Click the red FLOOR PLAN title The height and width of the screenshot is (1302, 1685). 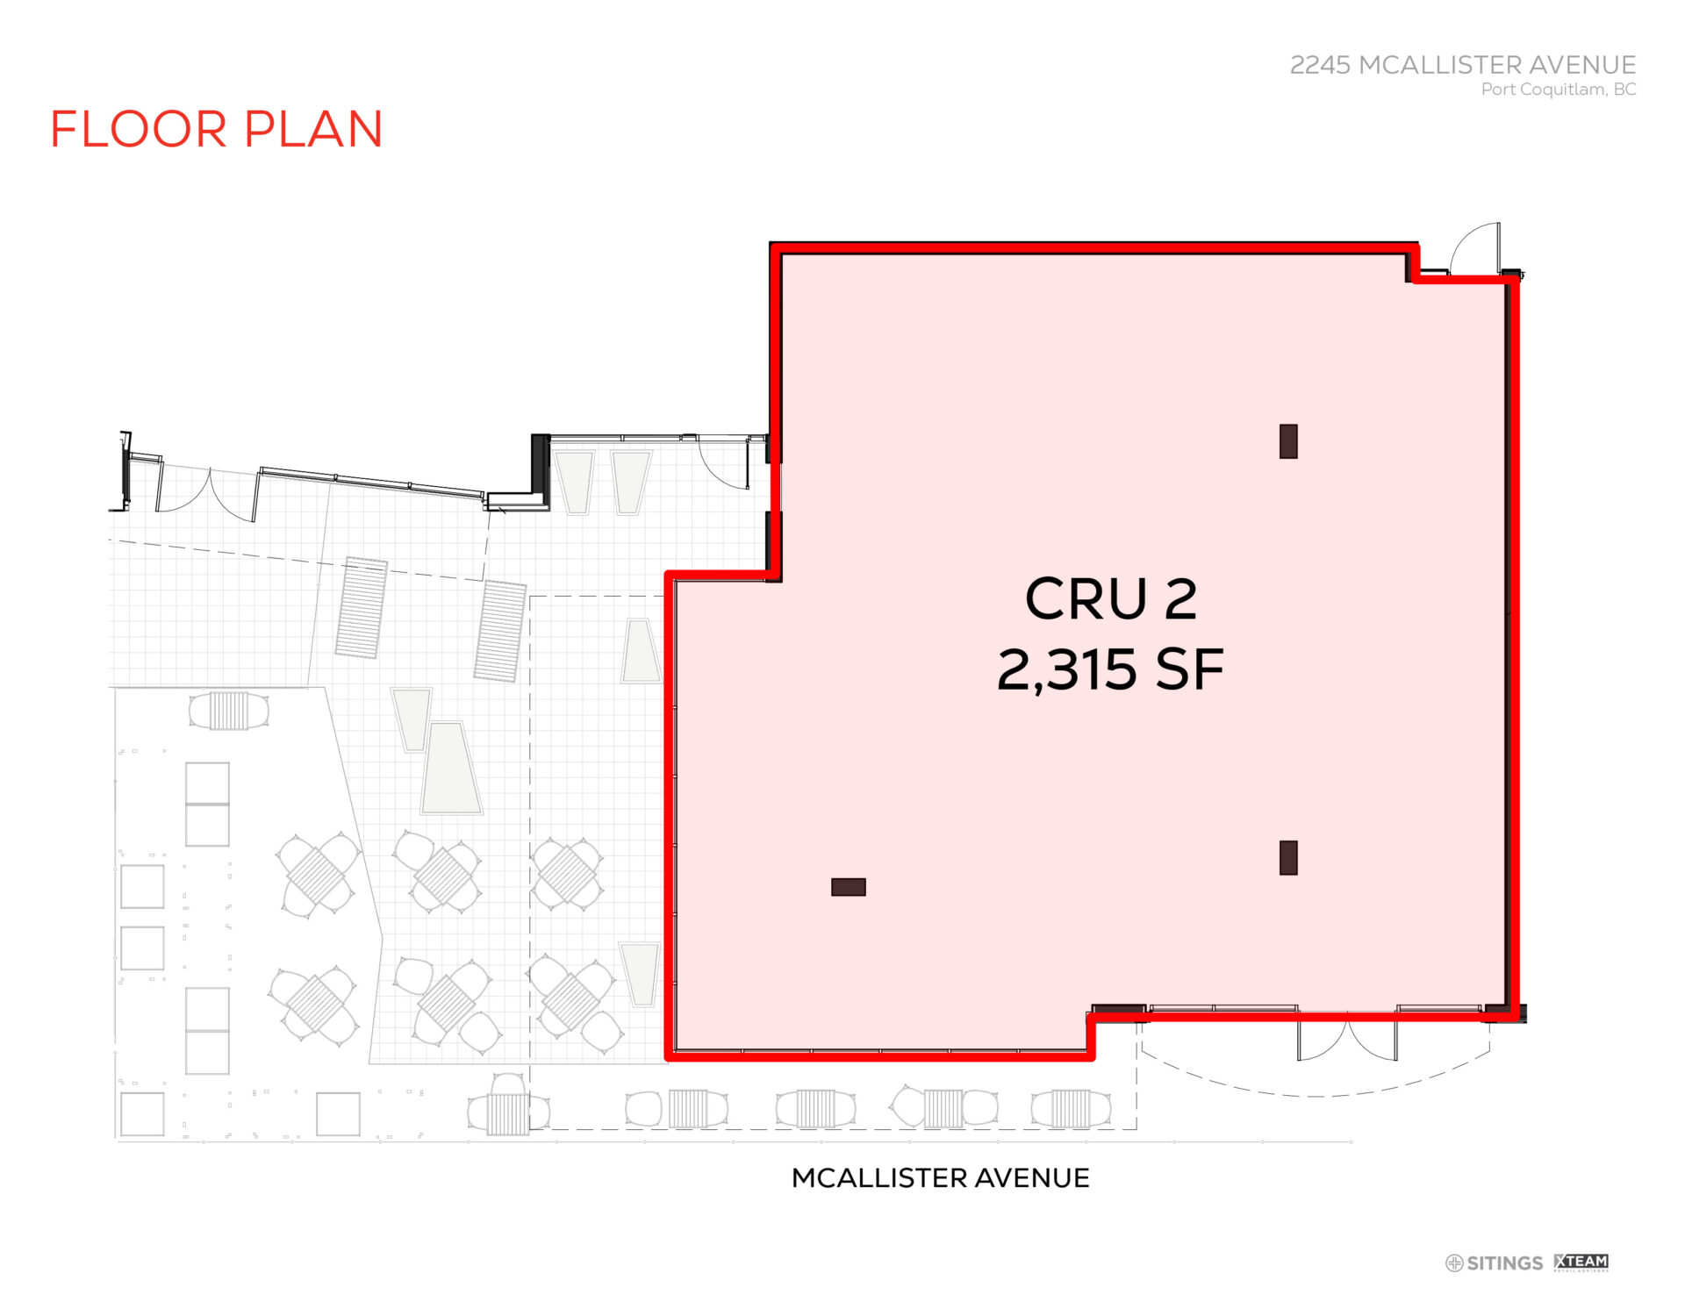(216, 129)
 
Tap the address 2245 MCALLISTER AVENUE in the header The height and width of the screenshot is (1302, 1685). (1462, 65)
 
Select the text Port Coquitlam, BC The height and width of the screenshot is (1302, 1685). (1558, 89)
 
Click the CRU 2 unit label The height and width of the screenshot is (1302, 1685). (1110, 599)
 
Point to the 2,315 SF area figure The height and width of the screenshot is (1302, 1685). (1110, 669)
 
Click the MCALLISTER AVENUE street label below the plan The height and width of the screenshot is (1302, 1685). (940, 1177)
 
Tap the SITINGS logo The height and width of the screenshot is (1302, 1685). (1494, 1263)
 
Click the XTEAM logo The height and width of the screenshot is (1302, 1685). (1581, 1263)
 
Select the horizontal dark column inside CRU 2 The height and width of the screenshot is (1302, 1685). (848, 887)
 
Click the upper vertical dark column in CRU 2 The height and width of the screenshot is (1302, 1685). (1288, 441)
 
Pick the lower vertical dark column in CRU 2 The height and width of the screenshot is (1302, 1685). (1288, 858)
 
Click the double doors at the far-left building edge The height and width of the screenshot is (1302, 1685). (208, 491)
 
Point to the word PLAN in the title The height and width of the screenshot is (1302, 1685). (313, 129)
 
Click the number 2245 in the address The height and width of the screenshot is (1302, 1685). (1320, 65)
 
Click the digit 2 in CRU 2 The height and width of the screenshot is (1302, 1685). (1180, 599)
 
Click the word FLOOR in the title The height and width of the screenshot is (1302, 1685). (139, 129)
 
